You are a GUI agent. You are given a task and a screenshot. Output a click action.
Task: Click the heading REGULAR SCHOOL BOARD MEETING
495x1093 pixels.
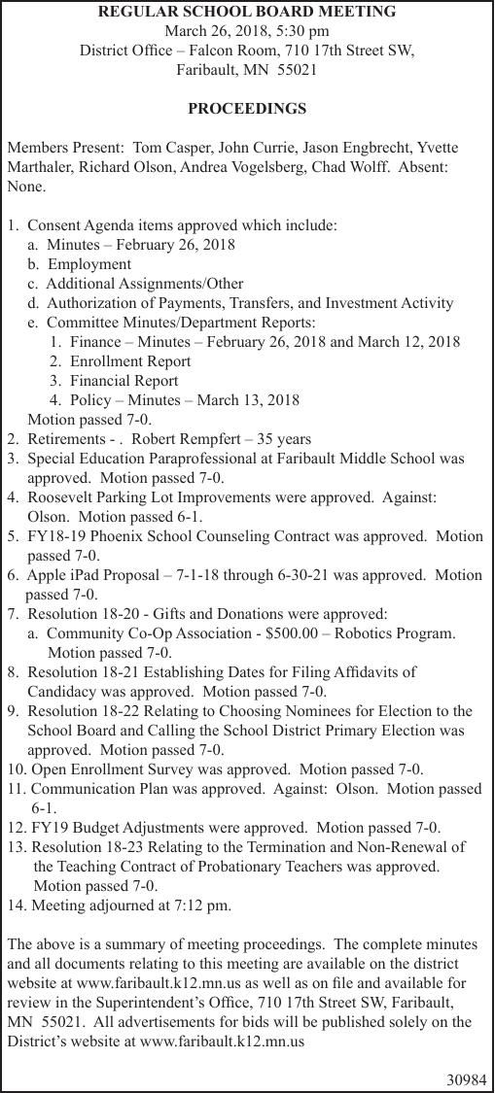click(x=247, y=12)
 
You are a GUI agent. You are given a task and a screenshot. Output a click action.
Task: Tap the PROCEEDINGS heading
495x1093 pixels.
click(x=247, y=108)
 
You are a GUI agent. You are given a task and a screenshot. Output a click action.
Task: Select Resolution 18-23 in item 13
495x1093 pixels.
click(x=84, y=846)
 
